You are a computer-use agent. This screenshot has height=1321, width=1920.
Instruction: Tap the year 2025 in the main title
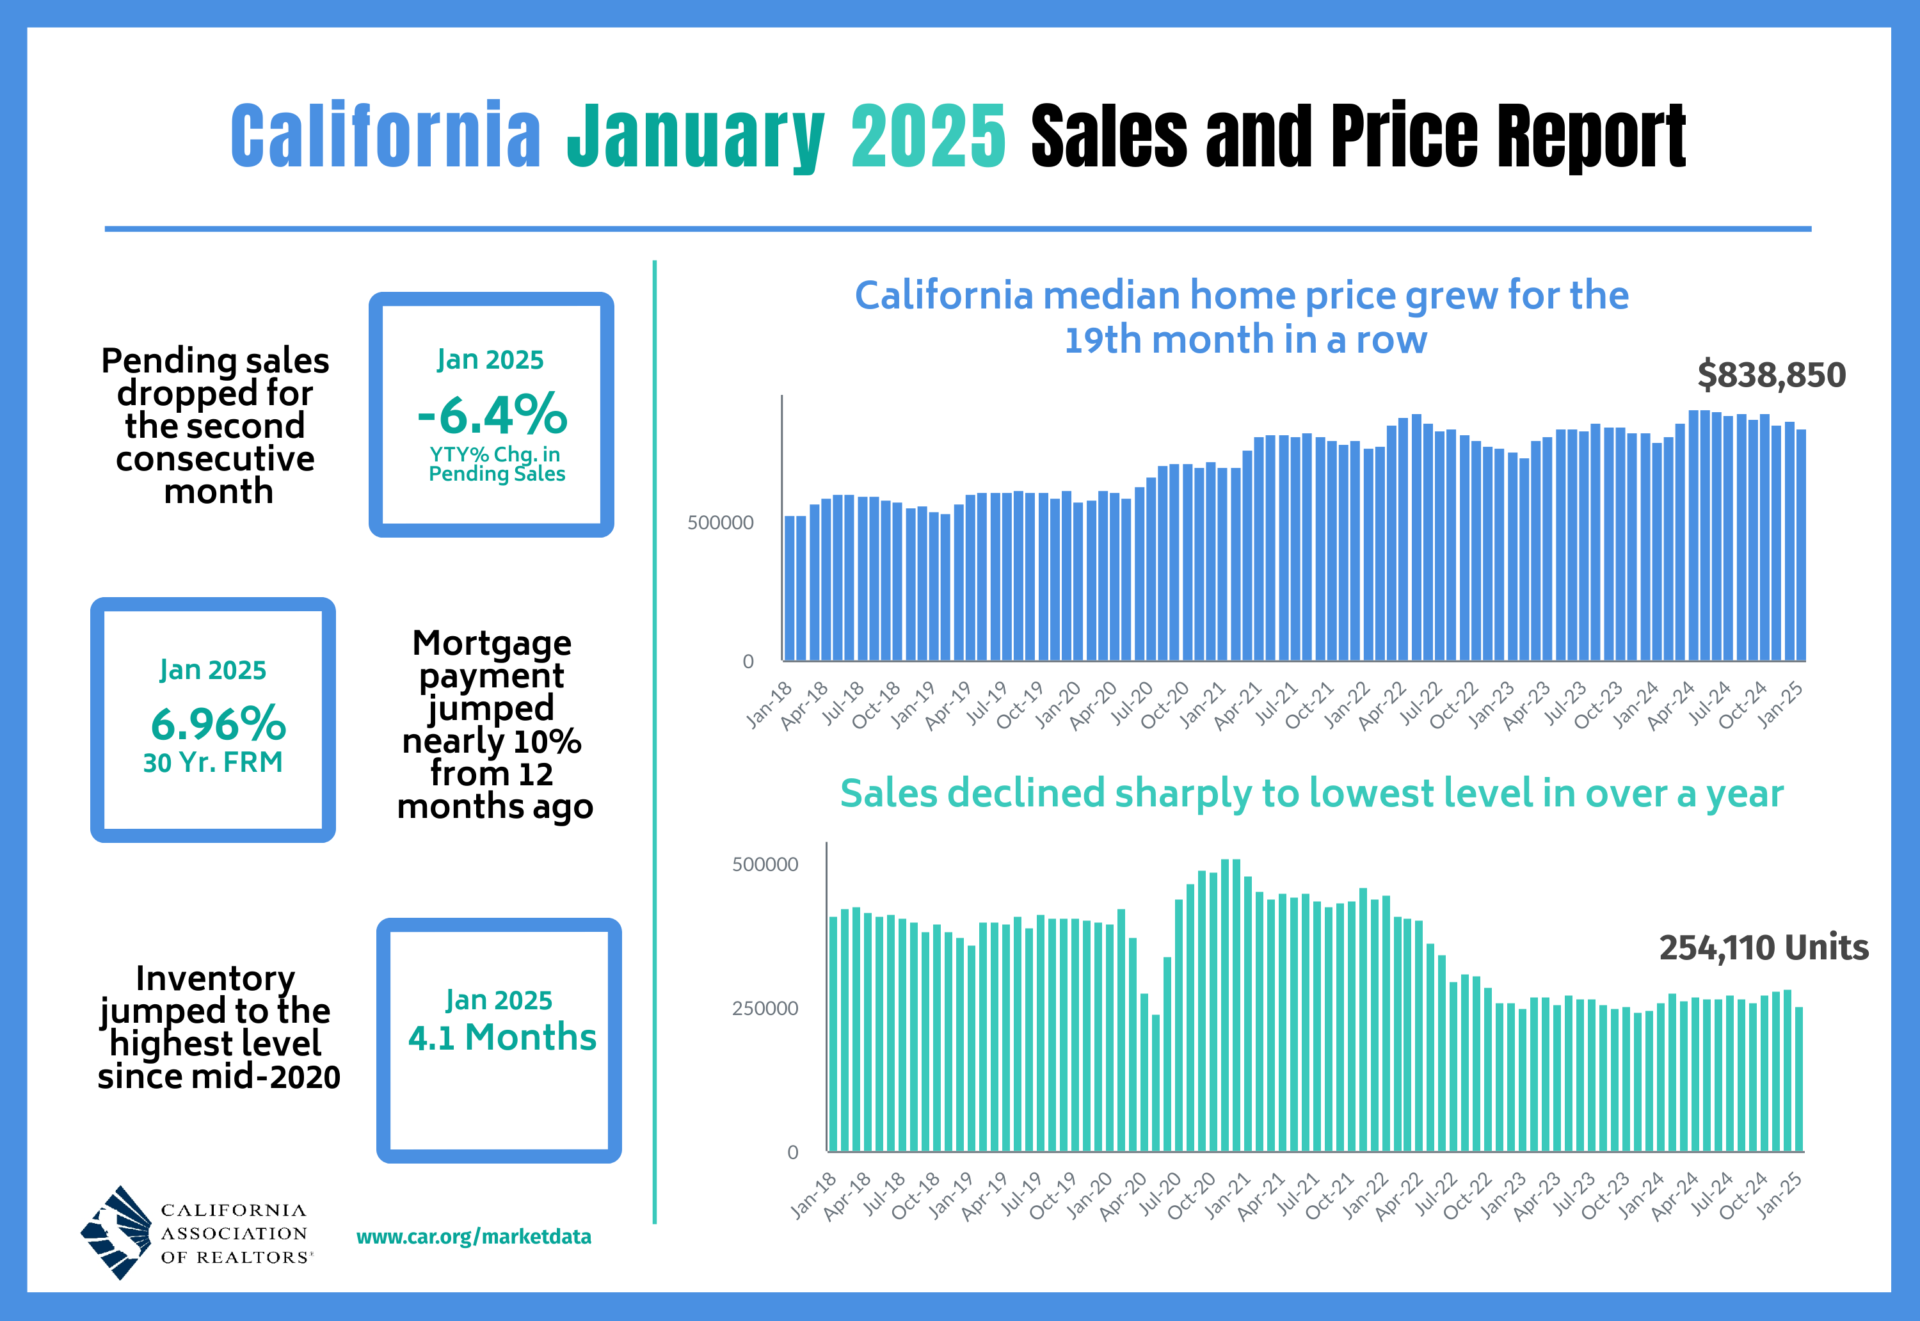click(x=928, y=136)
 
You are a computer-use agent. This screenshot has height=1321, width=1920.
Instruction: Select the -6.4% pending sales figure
click(x=492, y=414)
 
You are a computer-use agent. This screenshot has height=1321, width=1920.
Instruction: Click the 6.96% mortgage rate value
click(x=218, y=725)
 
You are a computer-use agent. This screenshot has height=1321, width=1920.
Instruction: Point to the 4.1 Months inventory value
click(x=502, y=1037)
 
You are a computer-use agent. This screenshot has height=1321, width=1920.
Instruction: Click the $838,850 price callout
click(x=1771, y=375)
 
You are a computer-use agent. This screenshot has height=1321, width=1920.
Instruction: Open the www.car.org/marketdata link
click(x=474, y=1237)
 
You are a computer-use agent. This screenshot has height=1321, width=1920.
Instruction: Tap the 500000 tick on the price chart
click(x=720, y=523)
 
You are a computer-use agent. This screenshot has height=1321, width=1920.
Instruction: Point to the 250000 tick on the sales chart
click(x=765, y=1009)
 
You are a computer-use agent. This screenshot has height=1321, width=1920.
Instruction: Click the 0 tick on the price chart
click(x=748, y=661)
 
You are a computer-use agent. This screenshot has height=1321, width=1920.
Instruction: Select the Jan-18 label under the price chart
click(x=769, y=705)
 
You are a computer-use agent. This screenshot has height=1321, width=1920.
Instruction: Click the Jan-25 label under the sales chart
click(x=1779, y=1195)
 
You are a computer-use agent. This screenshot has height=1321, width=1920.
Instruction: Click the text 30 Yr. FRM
click(x=212, y=762)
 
